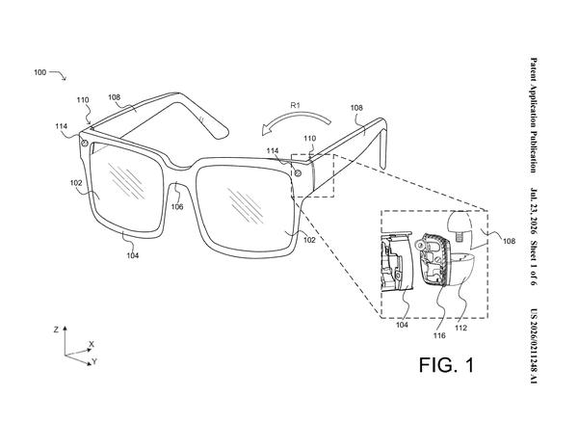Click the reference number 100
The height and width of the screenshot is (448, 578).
click(x=40, y=72)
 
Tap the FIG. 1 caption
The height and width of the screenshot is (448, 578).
click(x=446, y=365)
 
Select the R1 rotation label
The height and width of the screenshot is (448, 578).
click(x=296, y=105)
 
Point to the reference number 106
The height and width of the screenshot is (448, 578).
click(x=177, y=207)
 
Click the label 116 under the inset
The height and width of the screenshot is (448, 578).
click(x=439, y=335)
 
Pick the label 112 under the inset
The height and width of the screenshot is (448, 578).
click(x=460, y=328)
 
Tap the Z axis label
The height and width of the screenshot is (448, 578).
click(x=56, y=329)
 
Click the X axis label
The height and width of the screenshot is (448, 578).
click(x=92, y=344)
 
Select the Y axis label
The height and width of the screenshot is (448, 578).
click(x=94, y=361)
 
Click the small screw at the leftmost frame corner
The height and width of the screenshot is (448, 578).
click(x=85, y=143)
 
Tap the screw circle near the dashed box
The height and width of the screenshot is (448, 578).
click(x=298, y=172)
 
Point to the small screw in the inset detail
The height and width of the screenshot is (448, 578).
click(x=459, y=236)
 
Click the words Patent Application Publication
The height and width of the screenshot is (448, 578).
click(x=534, y=115)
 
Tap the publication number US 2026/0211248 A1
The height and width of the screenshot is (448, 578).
click(x=534, y=346)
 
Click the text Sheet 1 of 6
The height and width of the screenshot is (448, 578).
click(x=534, y=263)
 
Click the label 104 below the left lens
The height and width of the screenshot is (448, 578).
click(x=133, y=255)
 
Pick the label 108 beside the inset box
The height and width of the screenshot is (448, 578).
click(x=509, y=241)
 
